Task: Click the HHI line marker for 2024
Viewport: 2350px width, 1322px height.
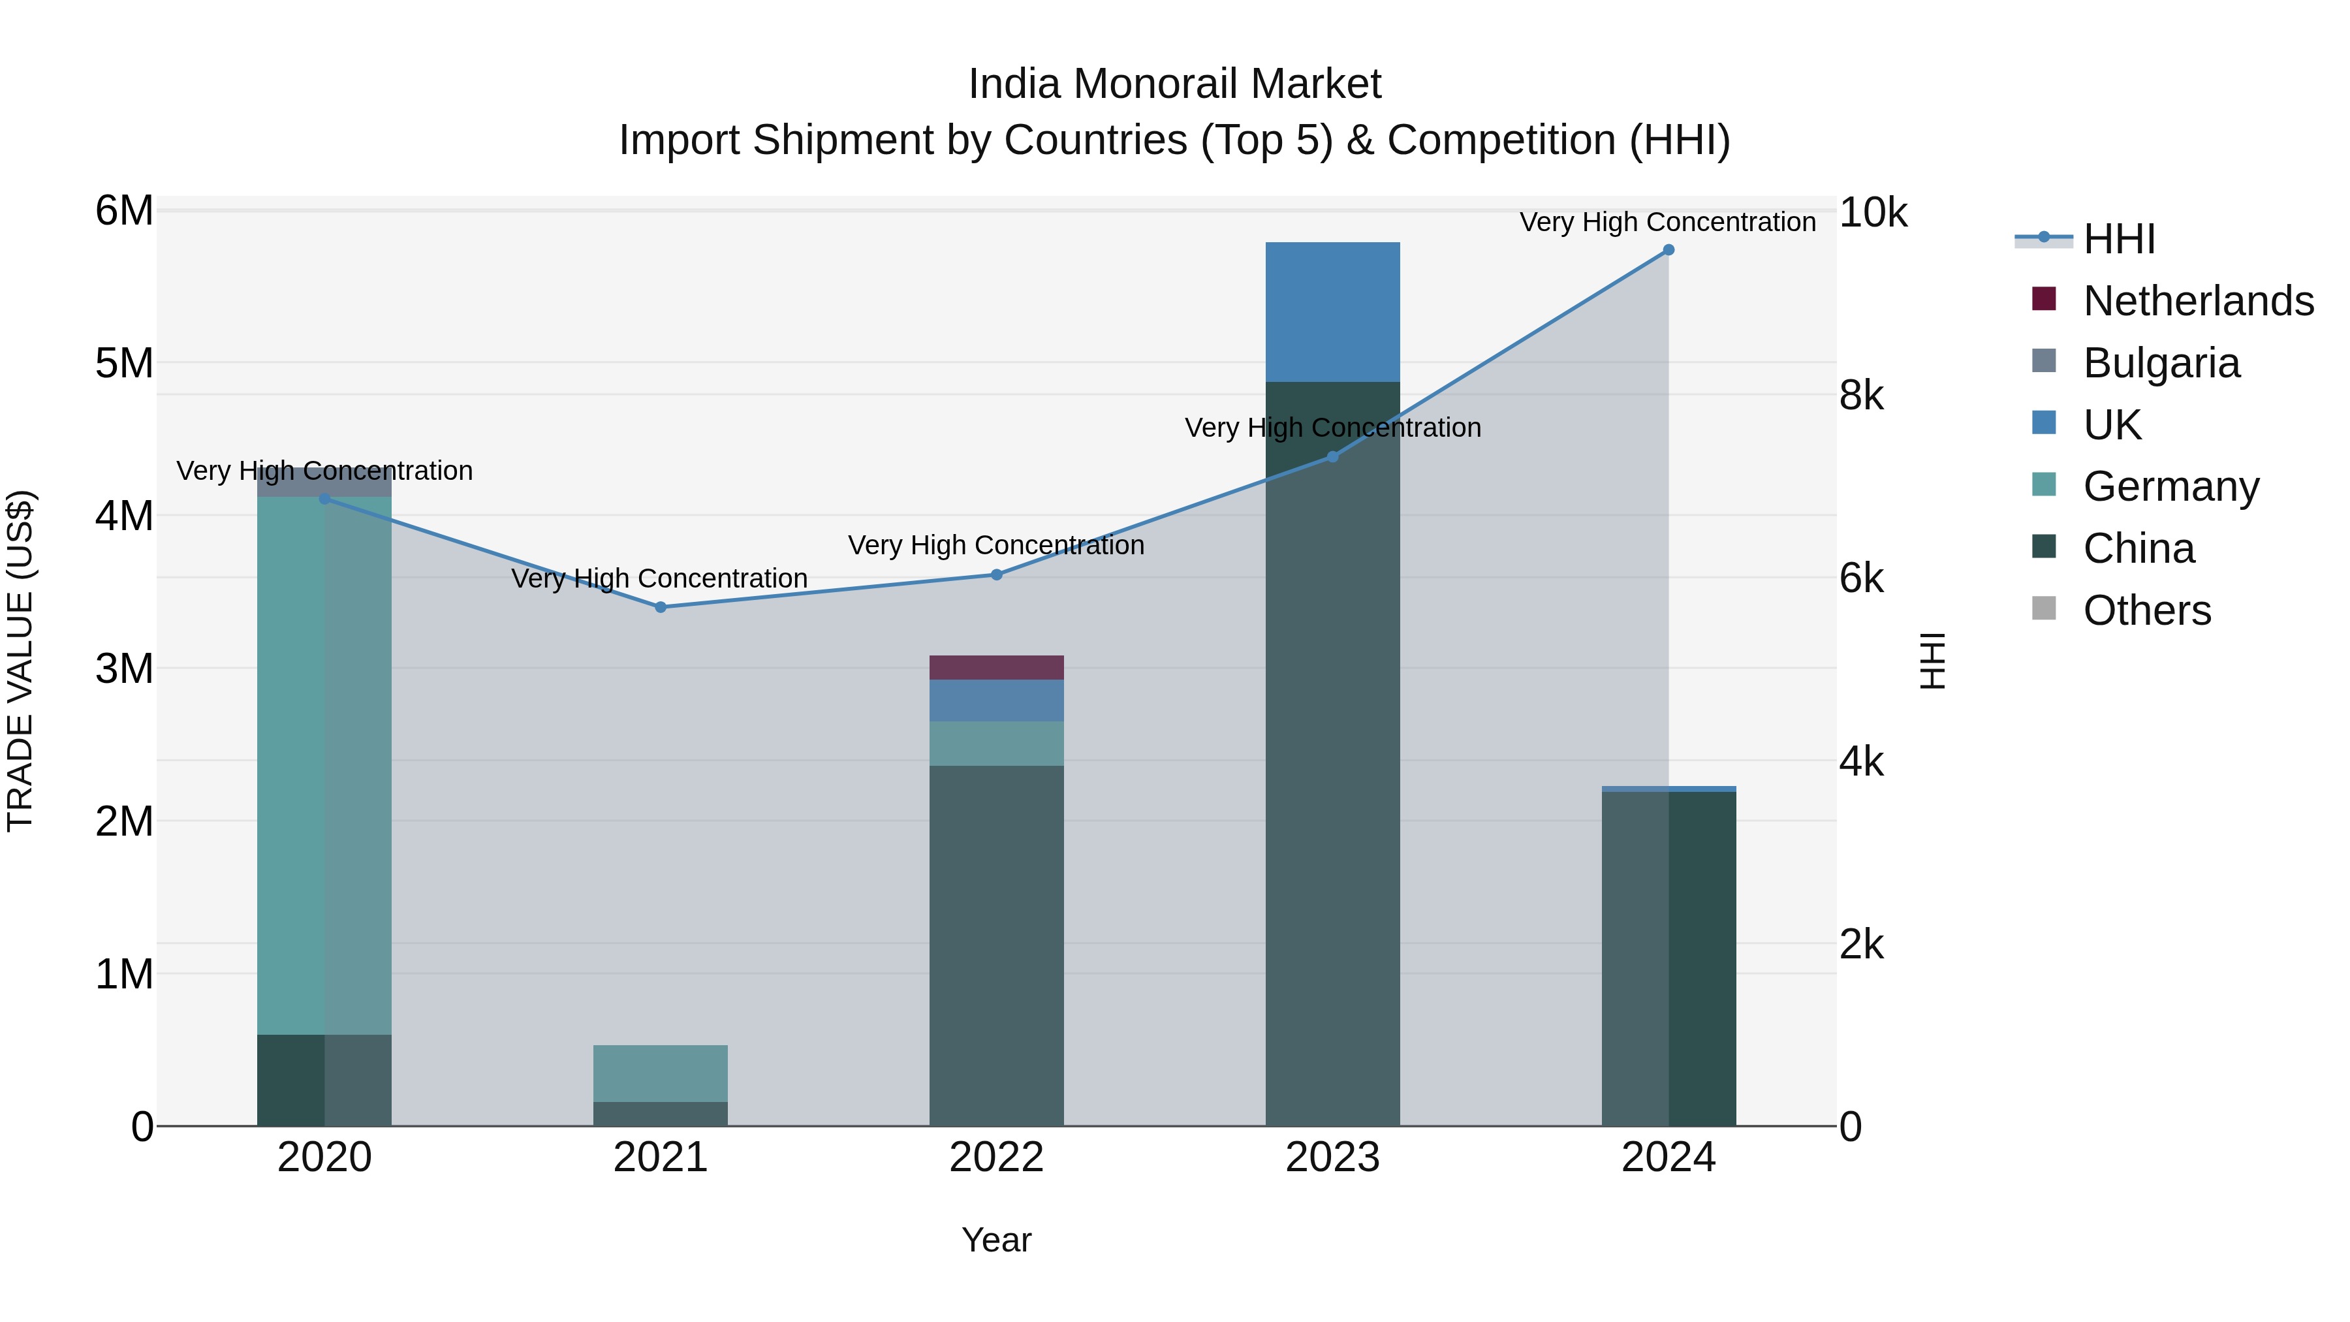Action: pos(1668,250)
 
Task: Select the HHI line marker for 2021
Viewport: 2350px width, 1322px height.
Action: pos(661,606)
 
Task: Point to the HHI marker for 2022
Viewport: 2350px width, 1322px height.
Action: pos(996,574)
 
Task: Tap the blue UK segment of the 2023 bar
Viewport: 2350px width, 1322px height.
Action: pos(1332,312)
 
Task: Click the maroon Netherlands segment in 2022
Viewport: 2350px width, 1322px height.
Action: pos(996,667)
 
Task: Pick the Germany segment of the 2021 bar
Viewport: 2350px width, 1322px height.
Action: pos(661,1073)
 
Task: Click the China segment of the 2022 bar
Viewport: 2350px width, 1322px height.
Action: pos(996,944)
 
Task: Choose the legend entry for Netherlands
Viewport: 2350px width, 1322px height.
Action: pos(2198,301)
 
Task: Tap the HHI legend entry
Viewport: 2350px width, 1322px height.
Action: pos(2118,239)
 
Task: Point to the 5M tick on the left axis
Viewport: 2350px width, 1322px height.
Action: pos(124,363)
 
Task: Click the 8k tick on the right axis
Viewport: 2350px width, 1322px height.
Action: pos(1861,396)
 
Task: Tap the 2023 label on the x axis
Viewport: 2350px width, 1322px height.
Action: pos(1332,1157)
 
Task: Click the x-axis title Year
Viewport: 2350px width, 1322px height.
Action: pos(996,1240)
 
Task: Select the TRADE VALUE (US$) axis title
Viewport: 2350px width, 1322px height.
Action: pos(20,661)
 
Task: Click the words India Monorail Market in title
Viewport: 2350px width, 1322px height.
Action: pos(1174,84)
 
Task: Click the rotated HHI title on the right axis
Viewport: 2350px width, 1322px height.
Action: pos(1933,661)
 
